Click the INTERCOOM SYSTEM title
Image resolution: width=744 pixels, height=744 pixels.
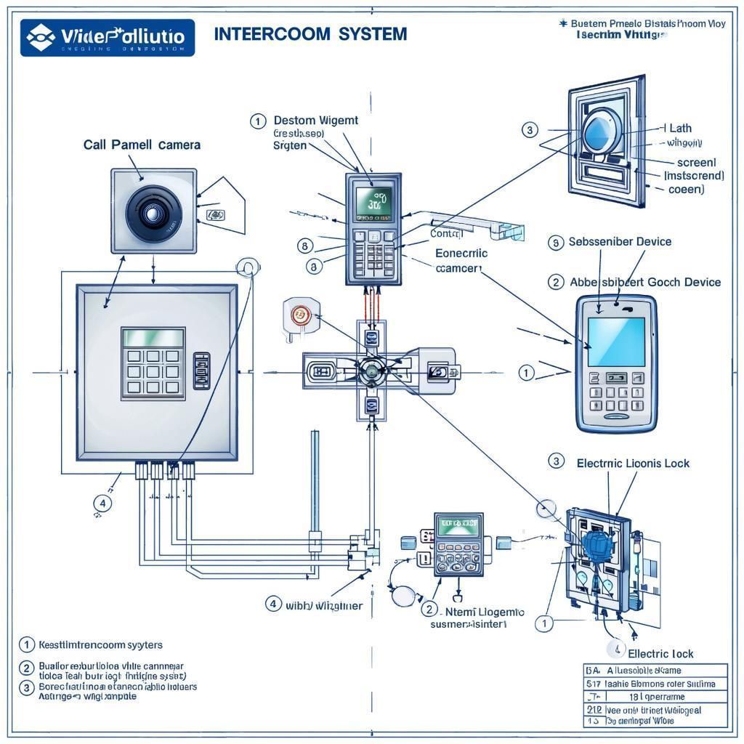coord(310,34)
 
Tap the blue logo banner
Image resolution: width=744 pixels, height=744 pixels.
coord(108,38)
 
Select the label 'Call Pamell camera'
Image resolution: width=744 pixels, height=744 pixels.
coord(142,145)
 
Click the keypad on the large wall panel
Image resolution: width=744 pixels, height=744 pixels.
coord(153,371)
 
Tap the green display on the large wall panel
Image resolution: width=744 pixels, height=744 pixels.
coord(153,337)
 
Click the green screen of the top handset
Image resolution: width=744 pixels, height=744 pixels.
coord(373,203)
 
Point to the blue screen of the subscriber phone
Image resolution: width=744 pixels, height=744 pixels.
coord(616,341)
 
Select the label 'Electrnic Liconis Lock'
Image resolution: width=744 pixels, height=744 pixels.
coord(633,463)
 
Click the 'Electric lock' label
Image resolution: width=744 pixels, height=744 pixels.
coord(660,654)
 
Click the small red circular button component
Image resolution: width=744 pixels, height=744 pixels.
coord(299,315)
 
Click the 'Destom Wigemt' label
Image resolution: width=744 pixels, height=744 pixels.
coord(315,121)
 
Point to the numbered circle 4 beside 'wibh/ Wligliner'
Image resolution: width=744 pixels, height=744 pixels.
coord(273,604)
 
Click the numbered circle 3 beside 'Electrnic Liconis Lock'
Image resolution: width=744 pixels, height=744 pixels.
coord(556,461)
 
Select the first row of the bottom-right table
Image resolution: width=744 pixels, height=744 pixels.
coord(655,671)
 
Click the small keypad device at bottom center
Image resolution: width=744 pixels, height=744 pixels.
coord(458,545)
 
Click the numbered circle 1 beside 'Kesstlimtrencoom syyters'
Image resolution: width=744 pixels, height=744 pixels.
coord(27,644)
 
